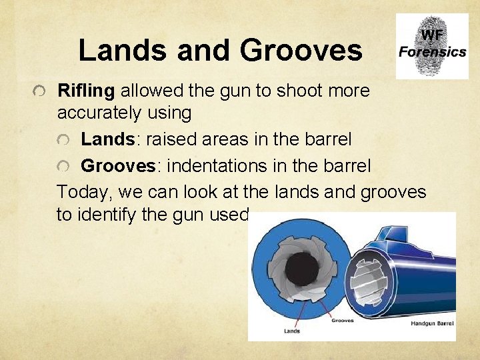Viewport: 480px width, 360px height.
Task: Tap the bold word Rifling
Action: click(x=86, y=90)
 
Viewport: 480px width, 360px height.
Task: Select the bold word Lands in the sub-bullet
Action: click(x=108, y=139)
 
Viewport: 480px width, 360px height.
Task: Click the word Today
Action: click(x=83, y=192)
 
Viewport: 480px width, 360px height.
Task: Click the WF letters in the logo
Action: click(x=432, y=34)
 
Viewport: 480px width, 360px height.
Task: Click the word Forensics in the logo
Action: click(x=432, y=51)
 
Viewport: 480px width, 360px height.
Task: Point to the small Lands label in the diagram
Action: click(x=292, y=331)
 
